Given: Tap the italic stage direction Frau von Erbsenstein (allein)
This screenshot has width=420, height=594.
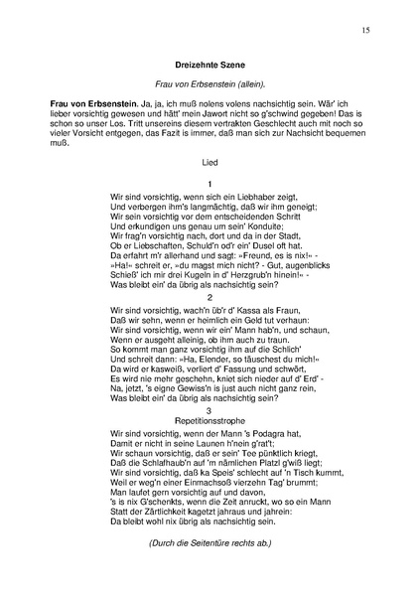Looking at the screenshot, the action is coord(209,84).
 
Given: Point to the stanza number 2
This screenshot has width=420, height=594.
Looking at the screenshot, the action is coord(210,296).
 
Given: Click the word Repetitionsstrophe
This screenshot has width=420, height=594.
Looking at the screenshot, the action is coord(210,421).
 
